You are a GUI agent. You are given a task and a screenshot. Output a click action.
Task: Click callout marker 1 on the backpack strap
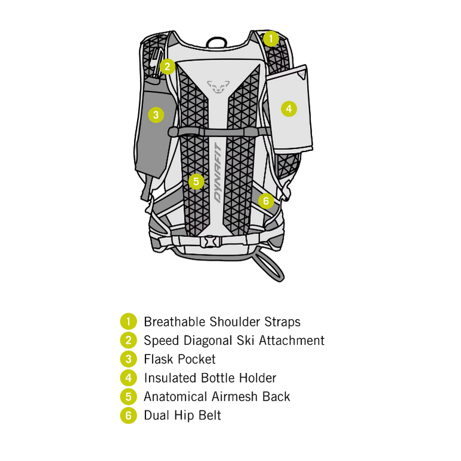[271, 38]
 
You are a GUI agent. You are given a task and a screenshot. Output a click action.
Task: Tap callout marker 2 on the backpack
[168, 66]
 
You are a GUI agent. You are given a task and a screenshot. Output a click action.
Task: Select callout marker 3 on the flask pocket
[156, 115]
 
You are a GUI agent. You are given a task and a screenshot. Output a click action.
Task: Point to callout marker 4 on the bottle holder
[289, 109]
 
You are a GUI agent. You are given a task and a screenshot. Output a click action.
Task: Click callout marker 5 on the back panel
[196, 181]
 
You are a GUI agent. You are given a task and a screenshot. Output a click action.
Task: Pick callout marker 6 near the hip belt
[266, 201]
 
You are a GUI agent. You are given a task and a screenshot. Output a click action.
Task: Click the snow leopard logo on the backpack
[218, 86]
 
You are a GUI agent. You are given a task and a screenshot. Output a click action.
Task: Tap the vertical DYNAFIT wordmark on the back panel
[218, 172]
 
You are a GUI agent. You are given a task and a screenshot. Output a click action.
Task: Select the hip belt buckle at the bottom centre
[210, 242]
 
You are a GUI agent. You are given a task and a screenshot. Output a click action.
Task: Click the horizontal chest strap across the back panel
[219, 132]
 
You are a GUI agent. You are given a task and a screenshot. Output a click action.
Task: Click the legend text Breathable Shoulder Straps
[222, 322]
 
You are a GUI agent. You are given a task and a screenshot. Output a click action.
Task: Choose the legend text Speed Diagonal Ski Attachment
[234, 341]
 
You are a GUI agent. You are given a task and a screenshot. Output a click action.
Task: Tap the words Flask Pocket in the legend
[180, 359]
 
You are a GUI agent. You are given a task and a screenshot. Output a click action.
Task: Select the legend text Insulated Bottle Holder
[210, 378]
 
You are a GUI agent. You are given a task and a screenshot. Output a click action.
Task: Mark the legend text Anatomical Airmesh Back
[217, 396]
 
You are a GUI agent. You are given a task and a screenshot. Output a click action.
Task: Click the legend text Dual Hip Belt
[182, 415]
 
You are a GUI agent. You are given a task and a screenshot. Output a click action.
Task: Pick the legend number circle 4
[129, 378]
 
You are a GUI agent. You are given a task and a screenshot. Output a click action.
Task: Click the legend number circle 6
[129, 415]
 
